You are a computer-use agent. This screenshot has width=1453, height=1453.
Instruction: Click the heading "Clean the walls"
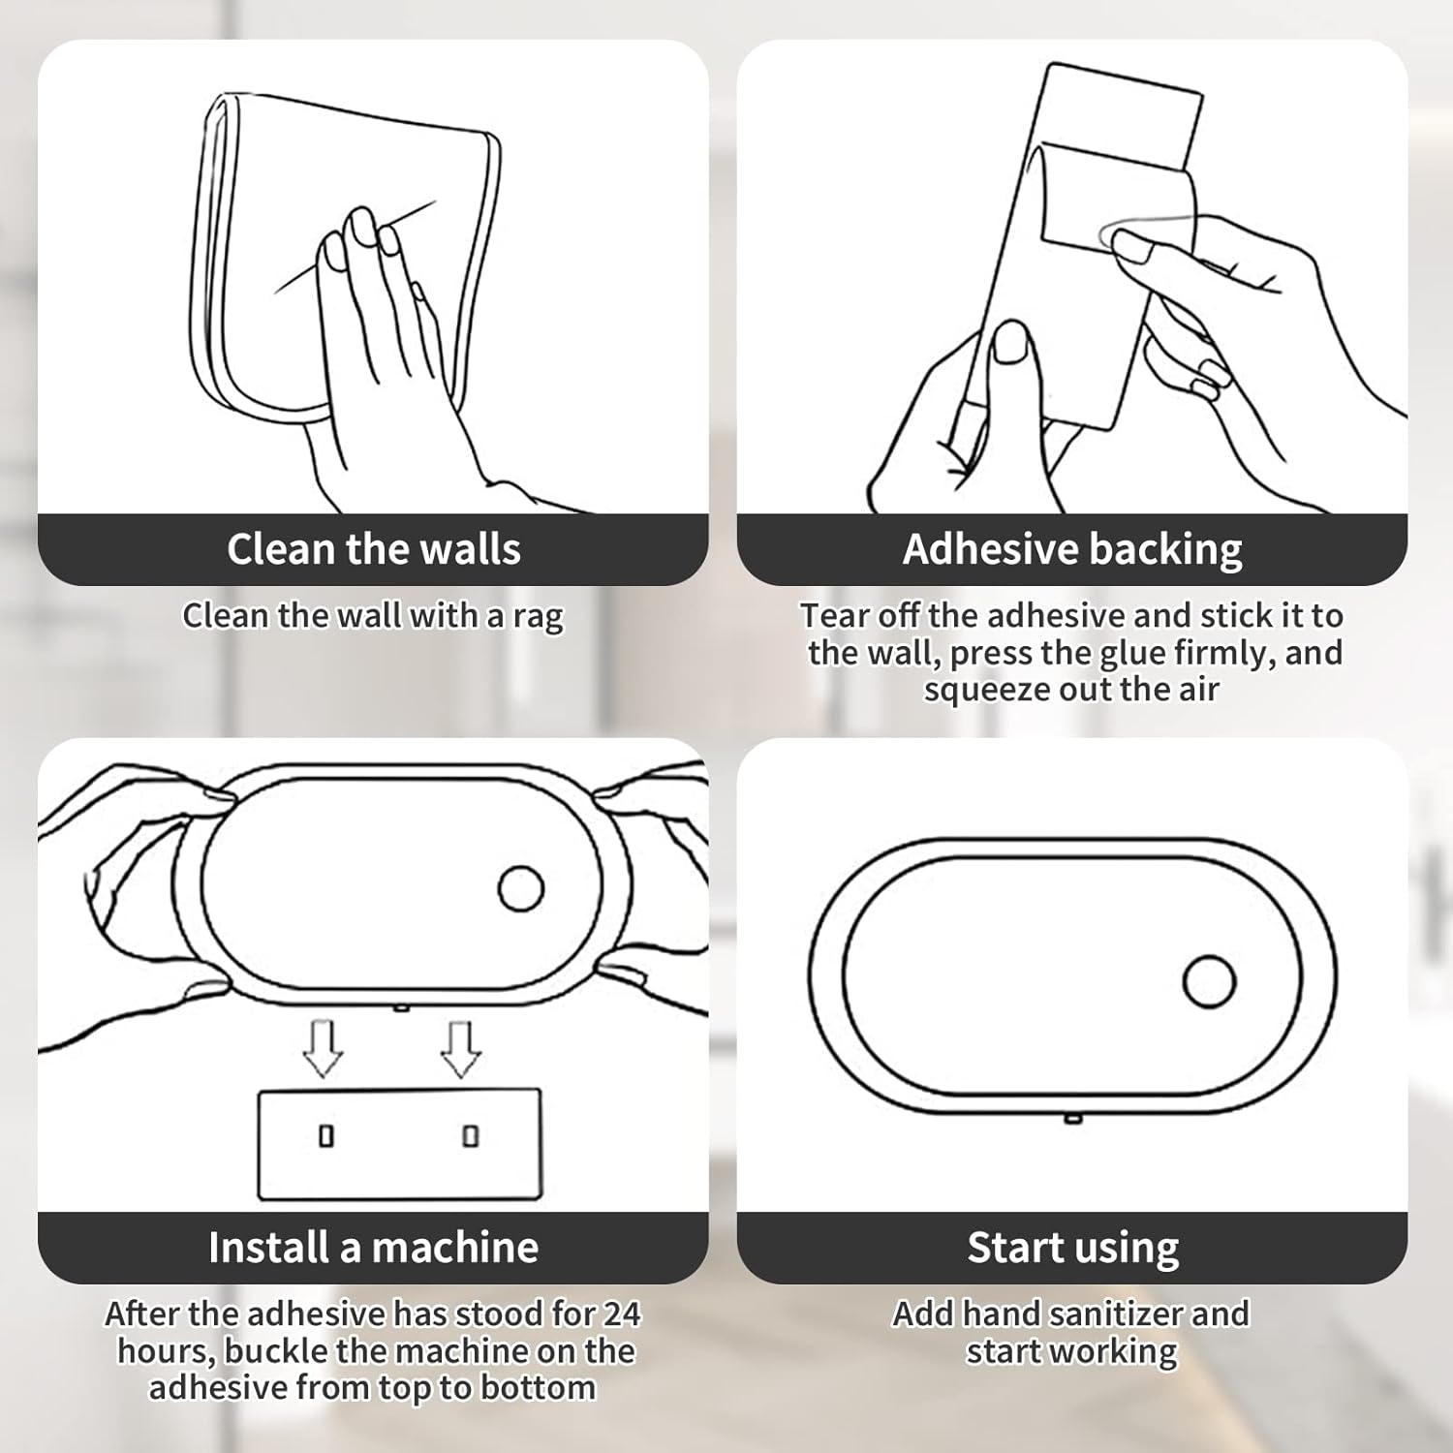[x=373, y=549]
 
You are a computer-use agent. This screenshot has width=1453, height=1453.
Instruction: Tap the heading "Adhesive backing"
[x=1071, y=549]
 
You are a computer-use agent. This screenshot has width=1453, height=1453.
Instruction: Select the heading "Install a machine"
[x=373, y=1248]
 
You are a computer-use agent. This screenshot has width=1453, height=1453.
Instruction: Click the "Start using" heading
[x=1072, y=1248]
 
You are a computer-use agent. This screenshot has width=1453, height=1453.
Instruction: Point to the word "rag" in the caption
[x=538, y=617]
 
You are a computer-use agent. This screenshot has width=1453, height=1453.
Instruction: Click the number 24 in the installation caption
[x=621, y=1314]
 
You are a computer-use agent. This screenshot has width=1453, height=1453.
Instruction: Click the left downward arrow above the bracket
[x=323, y=1049]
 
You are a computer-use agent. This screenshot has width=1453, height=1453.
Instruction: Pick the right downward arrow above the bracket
[x=461, y=1049]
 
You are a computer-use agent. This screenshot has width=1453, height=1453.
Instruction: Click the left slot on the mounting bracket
[x=326, y=1135]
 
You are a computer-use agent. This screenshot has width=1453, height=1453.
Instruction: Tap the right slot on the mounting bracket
[x=471, y=1135]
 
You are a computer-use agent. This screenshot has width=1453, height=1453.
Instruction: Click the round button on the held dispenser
[x=521, y=888]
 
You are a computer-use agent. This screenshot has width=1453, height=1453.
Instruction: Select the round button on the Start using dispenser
[x=1209, y=981]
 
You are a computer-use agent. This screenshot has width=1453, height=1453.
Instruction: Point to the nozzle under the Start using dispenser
[x=1072, y=1120]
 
